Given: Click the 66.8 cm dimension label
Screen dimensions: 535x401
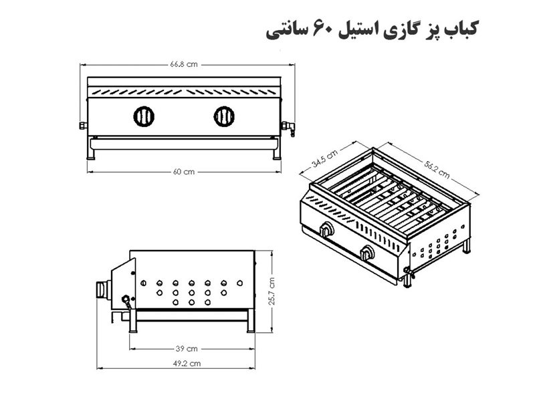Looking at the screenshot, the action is [183, 64].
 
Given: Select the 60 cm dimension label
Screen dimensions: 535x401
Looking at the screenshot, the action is [183, 172].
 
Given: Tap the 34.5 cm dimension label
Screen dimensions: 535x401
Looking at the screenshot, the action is [324, 159].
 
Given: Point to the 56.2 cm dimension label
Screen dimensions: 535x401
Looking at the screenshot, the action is [437, 170].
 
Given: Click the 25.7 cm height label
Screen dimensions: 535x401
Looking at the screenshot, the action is [272, 291].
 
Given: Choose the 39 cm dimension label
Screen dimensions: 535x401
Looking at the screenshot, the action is [187, 348].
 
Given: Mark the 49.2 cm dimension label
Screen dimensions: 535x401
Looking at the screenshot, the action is [187, 364].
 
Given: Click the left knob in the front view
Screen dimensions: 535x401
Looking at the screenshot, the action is [144, 116].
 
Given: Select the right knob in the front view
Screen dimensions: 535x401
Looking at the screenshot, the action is [224, 116].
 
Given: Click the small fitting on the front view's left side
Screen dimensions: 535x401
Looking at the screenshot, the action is [83, 126].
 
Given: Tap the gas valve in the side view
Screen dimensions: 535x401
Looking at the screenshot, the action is [126, 302].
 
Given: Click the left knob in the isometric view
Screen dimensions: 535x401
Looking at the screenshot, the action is [327, 229].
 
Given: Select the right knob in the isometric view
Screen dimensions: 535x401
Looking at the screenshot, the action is [368, 253].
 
